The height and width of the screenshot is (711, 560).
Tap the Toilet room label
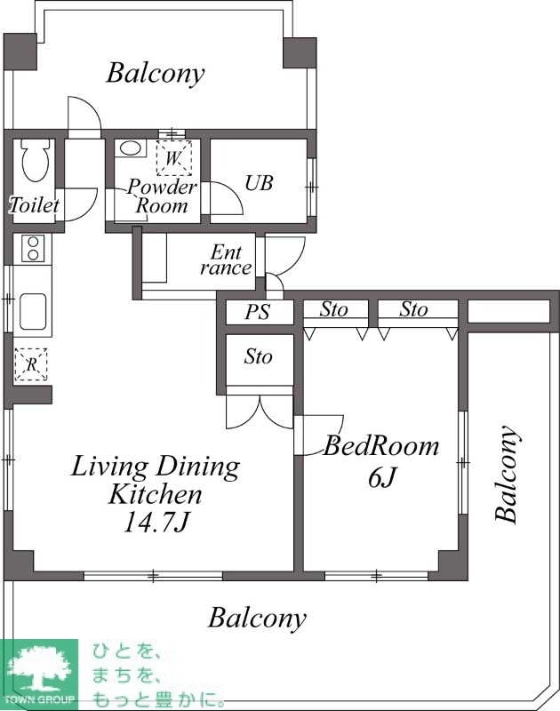pyautogui.click(x=34, y=205)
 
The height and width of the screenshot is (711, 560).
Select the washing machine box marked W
pyautogui.click(x=173, y=158)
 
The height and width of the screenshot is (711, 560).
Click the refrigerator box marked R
pyautogui.click(x=31, y=364)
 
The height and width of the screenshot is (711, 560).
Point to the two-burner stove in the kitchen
pyautogui.click(x=32, y=249)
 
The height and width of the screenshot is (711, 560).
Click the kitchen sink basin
pyautogui.click(x=33, y=312)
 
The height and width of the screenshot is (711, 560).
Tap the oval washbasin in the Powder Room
pyautogui.click(x=131, y=148)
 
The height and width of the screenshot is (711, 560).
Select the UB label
pyautogui.click(x=259, y=183)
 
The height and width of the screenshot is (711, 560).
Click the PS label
pyautogui.click(x=258, y=312)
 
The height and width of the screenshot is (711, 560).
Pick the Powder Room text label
pyautogui.click(x=162, y=196)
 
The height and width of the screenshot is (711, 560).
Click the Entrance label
pyautogui.click(x=226, y=260)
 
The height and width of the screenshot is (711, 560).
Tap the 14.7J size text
pyautogui.click(x=156, y=523)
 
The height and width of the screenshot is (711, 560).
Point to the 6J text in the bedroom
pyautogui.click(x=383, y=477)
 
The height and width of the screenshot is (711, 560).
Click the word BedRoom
pyautogui.click(x=381, y=446)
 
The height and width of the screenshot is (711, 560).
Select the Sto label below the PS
pyautogui.click(x=259, y=356)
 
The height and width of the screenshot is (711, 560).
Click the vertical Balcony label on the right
pyautogui.click(x=507, y=475)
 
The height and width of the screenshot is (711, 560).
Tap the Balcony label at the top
pyautogui.click(x=155, y=74)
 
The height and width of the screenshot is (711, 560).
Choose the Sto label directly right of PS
pyautogui.click(x=334, y=309)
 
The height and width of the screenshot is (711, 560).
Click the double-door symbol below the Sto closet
pyautogui.click(x=260, y=411)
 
